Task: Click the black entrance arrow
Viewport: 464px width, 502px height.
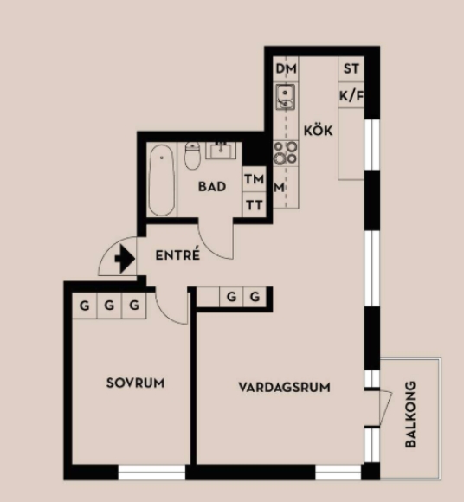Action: point(125,259)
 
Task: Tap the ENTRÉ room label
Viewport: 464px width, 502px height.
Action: point(177,254)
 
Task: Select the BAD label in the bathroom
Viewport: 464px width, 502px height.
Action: point(212,187)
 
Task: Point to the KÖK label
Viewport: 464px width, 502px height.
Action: point(318,130)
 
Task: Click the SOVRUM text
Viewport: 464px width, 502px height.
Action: point(135,383)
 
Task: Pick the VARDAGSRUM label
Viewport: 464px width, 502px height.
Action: point(284,388)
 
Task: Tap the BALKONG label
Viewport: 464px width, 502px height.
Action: point(410,414)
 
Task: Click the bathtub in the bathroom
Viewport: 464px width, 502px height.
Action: point(162,180)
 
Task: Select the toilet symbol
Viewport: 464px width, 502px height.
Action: point(192,156)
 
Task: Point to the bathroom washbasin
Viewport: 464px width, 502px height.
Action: point(221,150)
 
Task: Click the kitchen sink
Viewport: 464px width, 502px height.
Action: point(286,97)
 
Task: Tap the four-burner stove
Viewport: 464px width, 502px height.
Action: point(286,152)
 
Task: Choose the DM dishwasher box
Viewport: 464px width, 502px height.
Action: point(286,69)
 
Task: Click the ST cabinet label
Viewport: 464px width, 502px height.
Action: point(351,69)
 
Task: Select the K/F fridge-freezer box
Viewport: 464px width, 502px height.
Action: point(351,95)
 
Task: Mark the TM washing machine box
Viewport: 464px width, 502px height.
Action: point(255,179)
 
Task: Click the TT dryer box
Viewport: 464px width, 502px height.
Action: point(255,204)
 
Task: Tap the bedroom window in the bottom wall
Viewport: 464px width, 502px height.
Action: point(151,473)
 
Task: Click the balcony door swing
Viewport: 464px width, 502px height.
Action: point(385,408)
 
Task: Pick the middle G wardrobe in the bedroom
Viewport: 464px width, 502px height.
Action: point(109,306)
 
